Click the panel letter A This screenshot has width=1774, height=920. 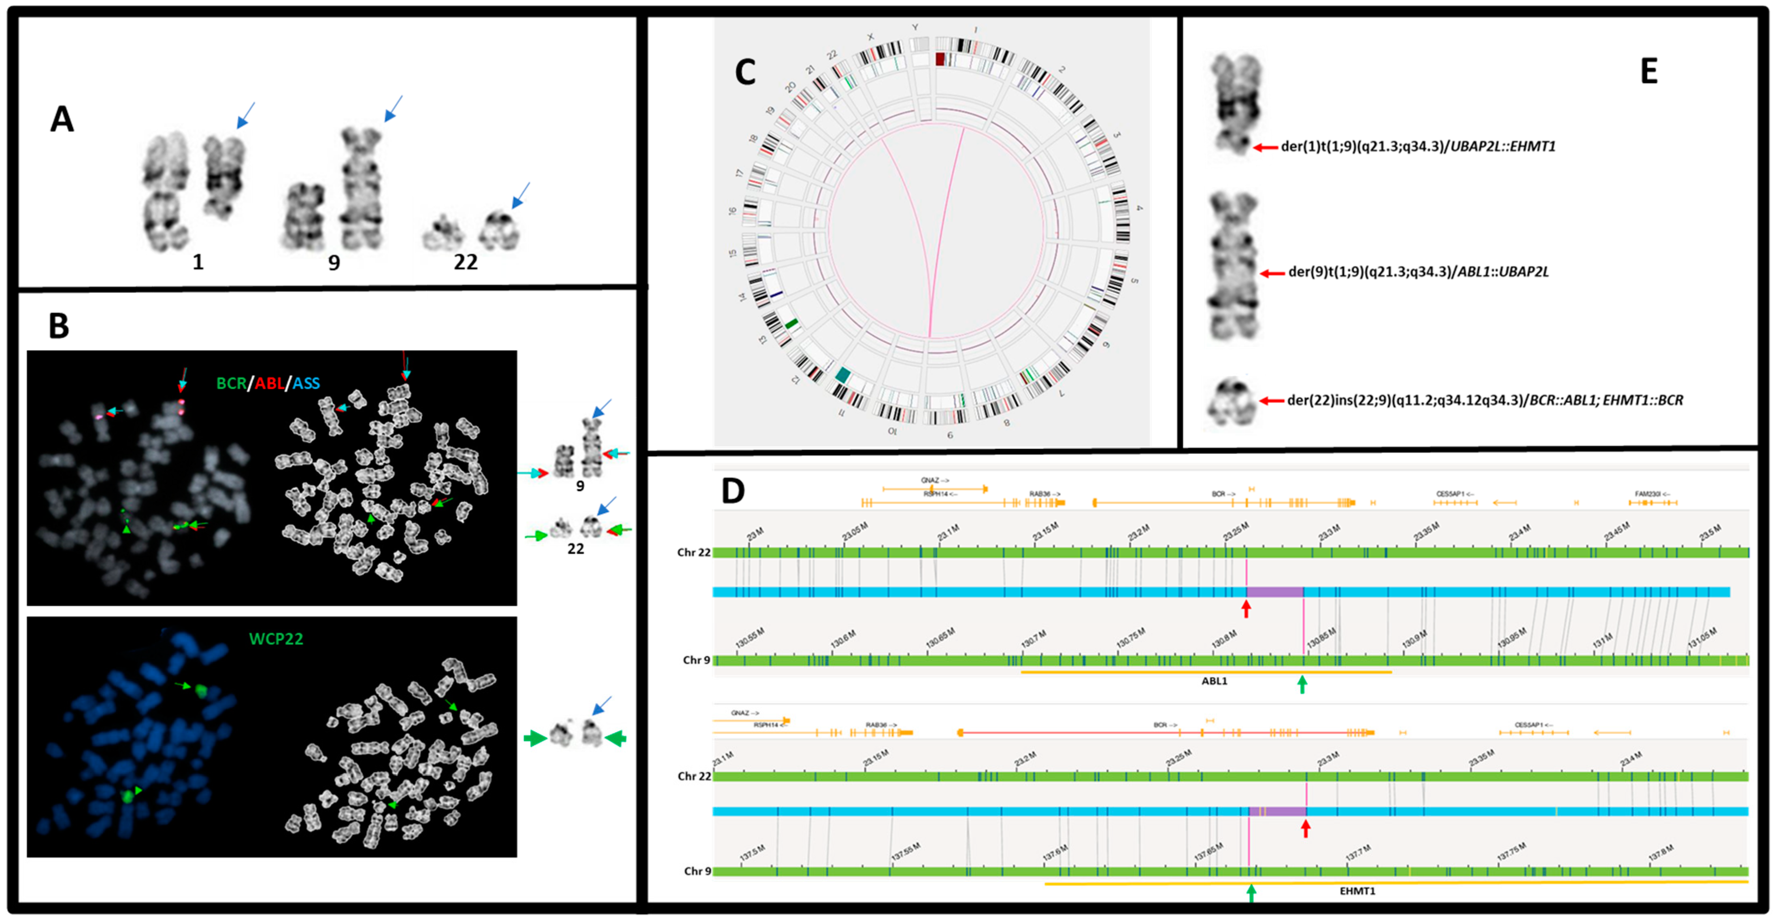tap(62, 120)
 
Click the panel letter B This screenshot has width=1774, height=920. tap(59, 326)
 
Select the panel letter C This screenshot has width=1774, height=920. tap(745, 72)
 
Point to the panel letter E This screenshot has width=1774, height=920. tap(1649, 72)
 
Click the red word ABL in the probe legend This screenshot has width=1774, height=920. tap(270, 384)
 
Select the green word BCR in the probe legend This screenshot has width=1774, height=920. tap(232, 384)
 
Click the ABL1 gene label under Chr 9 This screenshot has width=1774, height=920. tap(1214, 681)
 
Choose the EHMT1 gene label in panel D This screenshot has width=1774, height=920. tap(1357, 891)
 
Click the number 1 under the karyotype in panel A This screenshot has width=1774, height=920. tap(198, 262)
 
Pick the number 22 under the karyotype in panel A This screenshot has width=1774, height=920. tap(466, 262)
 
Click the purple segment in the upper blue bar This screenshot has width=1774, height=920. tap(1275, 592)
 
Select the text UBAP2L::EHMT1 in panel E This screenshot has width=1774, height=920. tap(1503, 147)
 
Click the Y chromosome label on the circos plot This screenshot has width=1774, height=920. tap(915, 28)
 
